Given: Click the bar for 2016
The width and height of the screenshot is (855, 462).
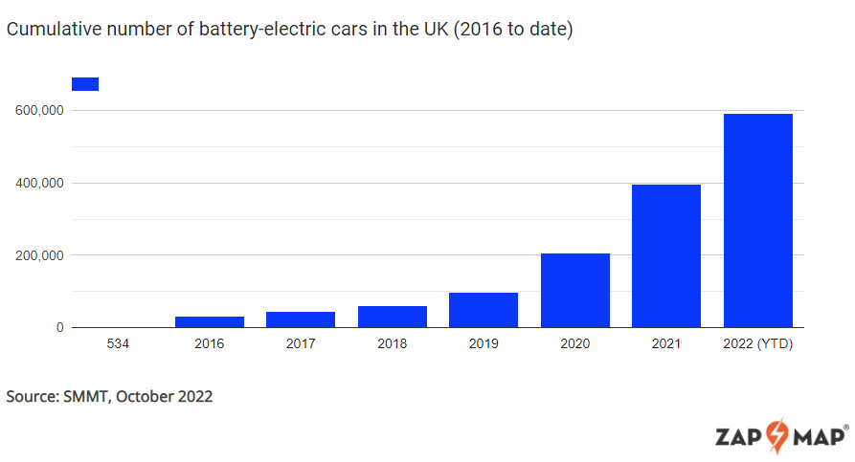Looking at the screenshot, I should tap(209, 322).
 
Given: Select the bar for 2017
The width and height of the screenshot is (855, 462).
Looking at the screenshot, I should tap(301, 319).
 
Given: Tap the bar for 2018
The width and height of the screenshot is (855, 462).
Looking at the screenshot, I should tap(392, 317).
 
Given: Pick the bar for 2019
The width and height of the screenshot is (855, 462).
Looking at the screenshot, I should tap(484, 310).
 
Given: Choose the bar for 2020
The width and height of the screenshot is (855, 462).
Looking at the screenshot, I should tap(574, 291).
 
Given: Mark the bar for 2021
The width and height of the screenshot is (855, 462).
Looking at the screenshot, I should tap(666, 256).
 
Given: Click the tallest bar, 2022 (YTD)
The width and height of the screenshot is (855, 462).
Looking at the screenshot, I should tap(757, 221).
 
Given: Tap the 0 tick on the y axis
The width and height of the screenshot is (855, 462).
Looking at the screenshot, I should tap(59, 328).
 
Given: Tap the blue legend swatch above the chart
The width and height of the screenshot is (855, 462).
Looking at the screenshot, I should tap(85, 84).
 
